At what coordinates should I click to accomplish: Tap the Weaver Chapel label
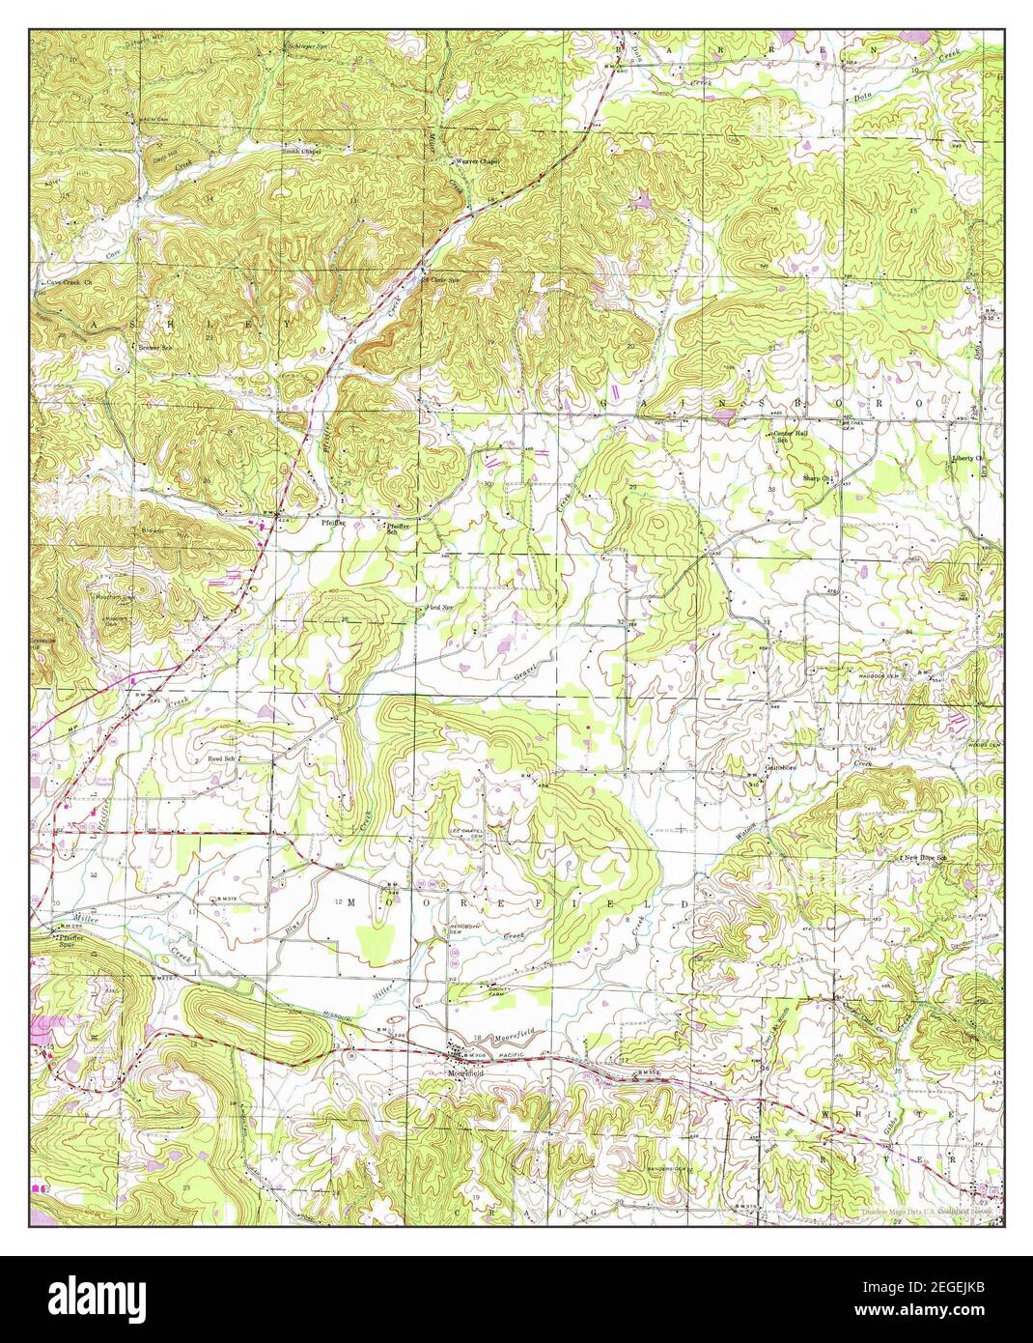click(x=478, y=161)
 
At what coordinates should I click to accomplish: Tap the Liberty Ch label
click(x=965, y=457)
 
